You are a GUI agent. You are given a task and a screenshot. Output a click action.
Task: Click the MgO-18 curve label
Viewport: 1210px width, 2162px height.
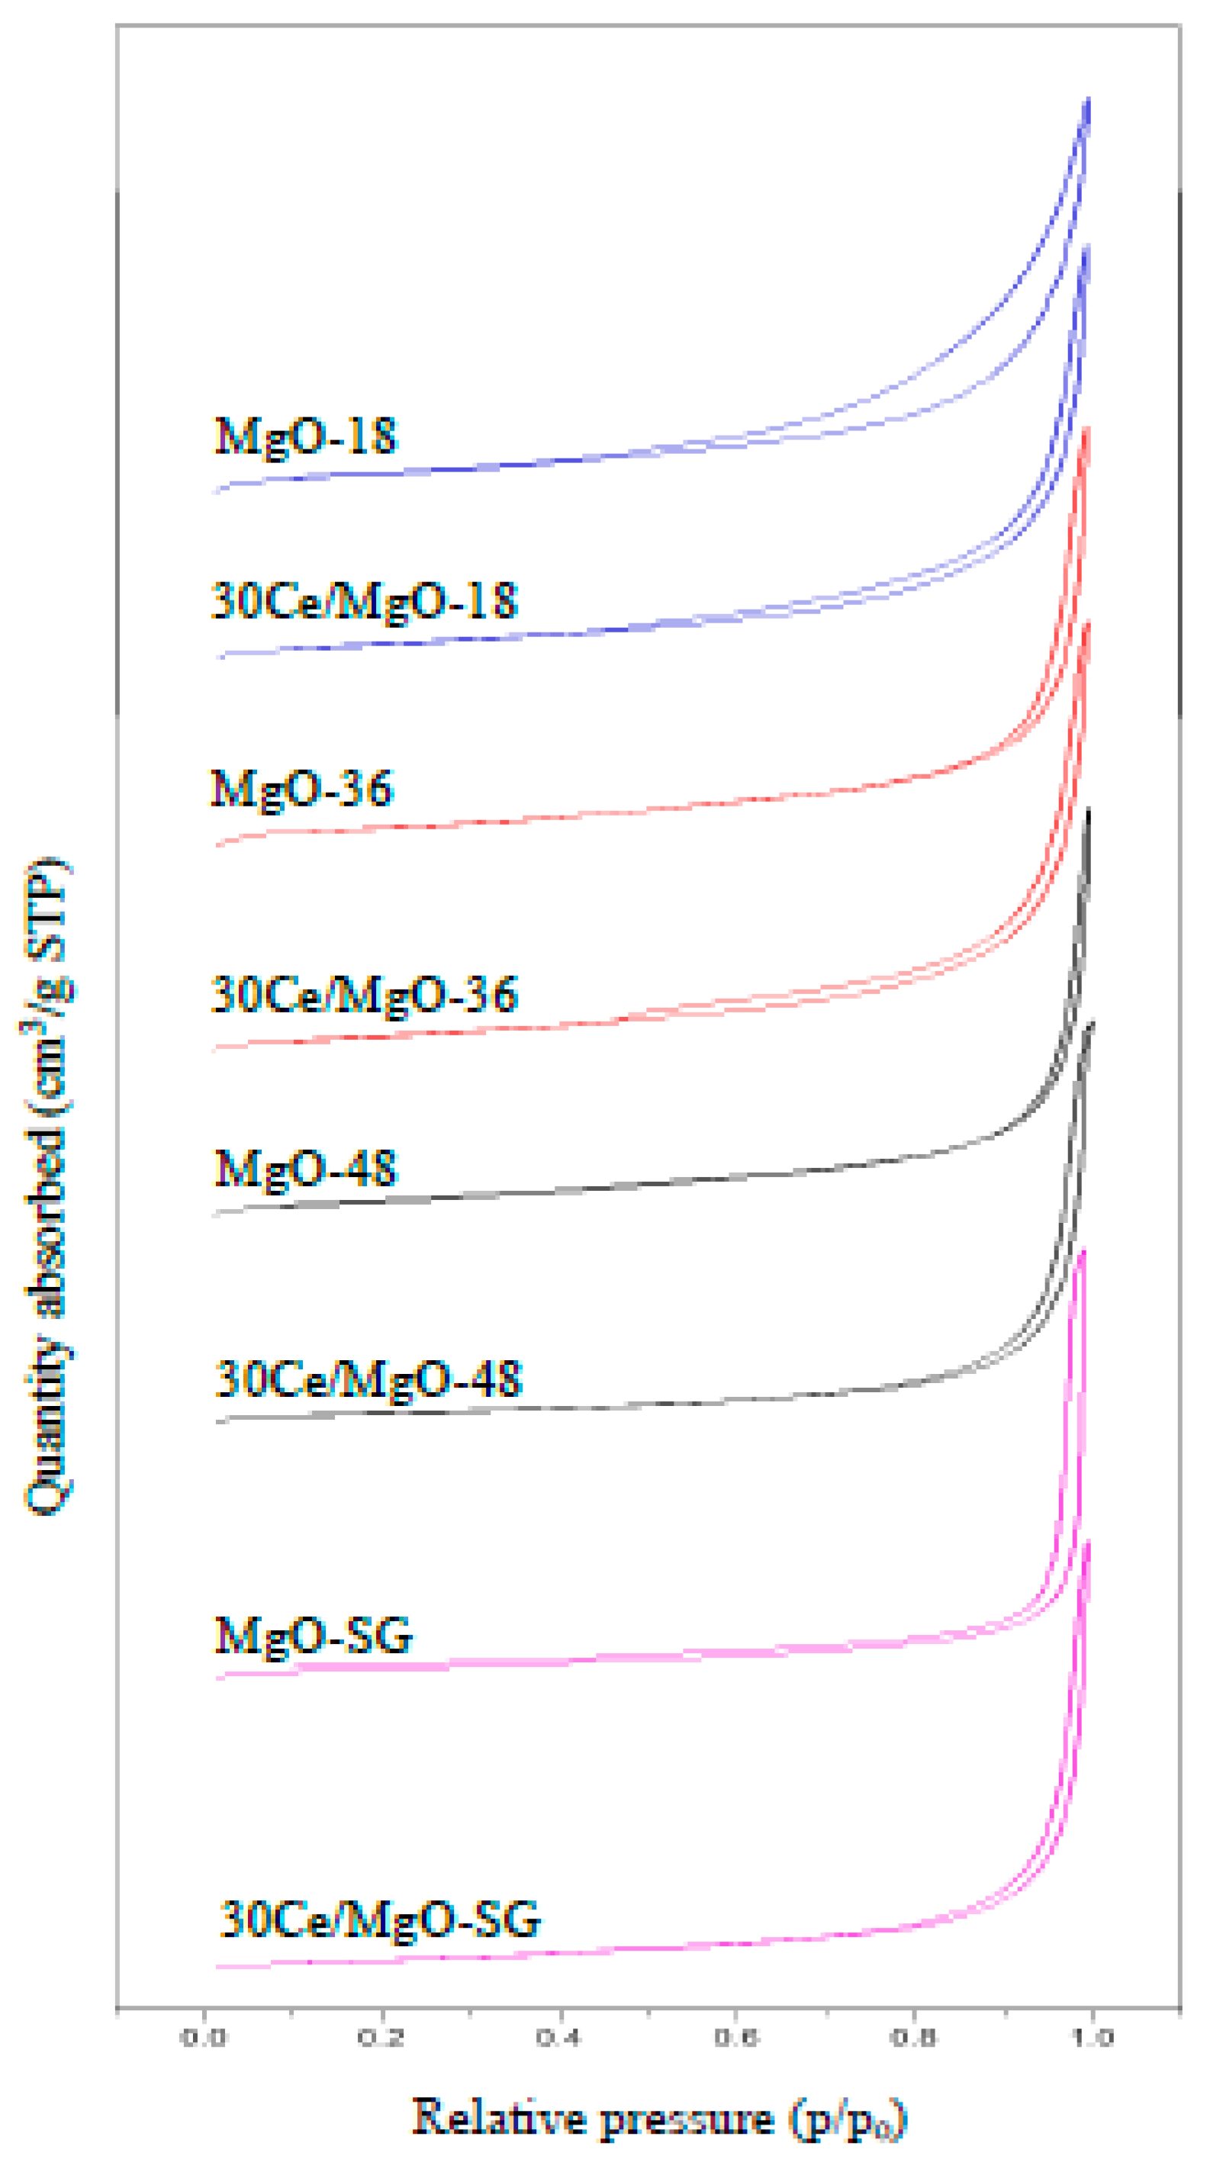point(304,437)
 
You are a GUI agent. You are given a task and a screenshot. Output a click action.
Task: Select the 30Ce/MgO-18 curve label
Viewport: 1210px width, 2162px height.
point(364,602)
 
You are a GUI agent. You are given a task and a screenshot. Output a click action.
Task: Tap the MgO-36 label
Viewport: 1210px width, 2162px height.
point(301,789)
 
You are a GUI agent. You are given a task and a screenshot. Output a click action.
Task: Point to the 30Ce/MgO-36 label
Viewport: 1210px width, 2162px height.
point(364,996)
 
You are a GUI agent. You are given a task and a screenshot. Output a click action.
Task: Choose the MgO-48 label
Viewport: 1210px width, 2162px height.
point(304,1168)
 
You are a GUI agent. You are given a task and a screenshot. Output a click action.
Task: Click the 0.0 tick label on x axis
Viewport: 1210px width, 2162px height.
point(204,2038)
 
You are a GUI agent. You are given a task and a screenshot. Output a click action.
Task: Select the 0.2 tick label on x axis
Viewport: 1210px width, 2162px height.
point(381,2038)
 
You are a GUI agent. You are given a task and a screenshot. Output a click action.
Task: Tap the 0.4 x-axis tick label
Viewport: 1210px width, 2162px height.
point(559,2038)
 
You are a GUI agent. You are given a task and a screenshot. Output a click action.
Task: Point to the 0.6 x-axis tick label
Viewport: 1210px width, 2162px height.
point(736,2038)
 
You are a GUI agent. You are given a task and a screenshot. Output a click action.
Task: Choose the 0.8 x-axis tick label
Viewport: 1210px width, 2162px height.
point(913,2038)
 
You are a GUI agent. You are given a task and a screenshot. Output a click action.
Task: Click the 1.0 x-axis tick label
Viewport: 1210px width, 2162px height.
point(1091,2038)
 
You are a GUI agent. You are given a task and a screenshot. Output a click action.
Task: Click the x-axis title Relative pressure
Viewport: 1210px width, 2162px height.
point(658,2118)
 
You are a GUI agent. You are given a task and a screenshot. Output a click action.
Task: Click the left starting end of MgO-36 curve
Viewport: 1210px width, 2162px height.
point(218,844)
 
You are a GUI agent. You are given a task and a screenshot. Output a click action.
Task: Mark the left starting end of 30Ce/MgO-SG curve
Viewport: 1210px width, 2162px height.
point(218,1967)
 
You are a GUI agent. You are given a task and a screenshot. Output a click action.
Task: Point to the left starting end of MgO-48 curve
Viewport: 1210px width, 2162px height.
point(217,1214)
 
